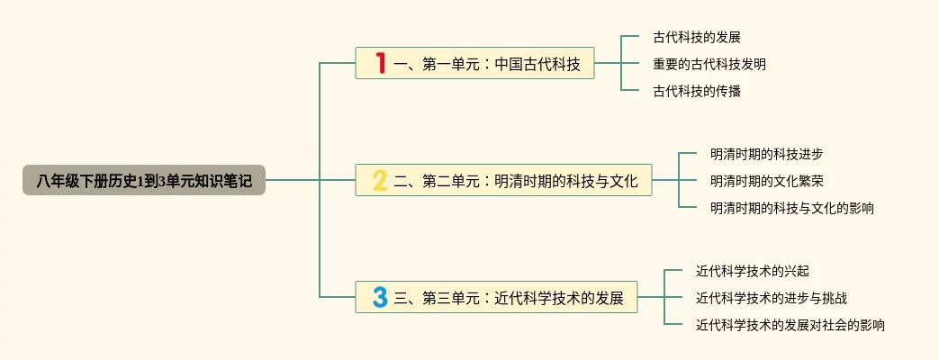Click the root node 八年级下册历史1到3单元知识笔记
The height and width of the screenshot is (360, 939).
(x=144, y=180)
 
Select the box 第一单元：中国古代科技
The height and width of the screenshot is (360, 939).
(x=474, y=64)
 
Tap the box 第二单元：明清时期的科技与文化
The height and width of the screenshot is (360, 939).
(x=503, y=181)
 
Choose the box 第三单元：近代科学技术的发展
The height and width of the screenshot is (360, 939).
(x=496, y=297)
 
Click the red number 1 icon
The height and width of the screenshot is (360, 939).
(x=381, y=64)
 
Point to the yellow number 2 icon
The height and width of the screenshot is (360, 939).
(x=380, y=181)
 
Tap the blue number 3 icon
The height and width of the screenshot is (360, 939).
(x=380, y=297)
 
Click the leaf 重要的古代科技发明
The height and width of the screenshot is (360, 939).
(x=709, y=64)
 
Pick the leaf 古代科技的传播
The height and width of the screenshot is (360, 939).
(x=697, y=91)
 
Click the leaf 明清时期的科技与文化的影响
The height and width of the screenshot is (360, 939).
(x=792, y=208)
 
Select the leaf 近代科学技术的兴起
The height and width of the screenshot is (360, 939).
(x=753, y=270)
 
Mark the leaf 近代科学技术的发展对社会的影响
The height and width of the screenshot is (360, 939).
(x=790, y=325)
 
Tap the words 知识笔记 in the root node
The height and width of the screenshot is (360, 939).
(x=228, y=180)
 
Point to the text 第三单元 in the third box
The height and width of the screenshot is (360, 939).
(x=452, y=297)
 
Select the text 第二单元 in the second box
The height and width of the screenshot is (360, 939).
(x=452, y=181)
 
